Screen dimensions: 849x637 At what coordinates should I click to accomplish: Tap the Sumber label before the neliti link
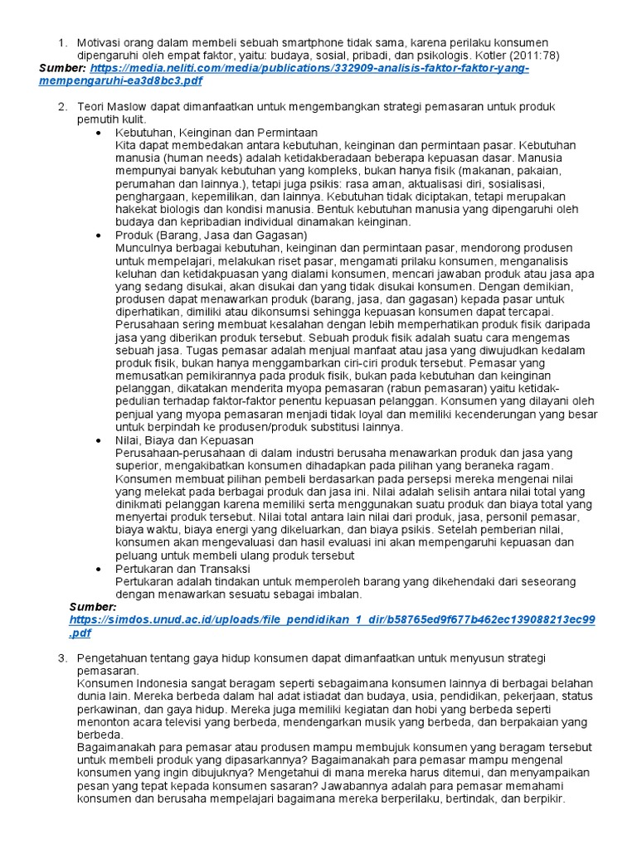coord(63,68)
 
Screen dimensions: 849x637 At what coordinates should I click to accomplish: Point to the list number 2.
coord(61,107)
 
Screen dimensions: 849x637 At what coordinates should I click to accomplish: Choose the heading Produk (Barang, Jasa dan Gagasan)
coord(200,235)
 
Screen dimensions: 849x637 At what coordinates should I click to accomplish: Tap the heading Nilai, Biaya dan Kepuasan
coord(185,440)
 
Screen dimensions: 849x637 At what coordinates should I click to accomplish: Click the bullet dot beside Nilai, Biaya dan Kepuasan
coord(100,440)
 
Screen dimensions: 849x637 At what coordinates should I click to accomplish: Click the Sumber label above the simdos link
coord(93,607)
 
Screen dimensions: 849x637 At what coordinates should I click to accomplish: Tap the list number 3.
coord(61,658)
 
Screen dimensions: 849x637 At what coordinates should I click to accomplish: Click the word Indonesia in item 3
coord(165,684)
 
